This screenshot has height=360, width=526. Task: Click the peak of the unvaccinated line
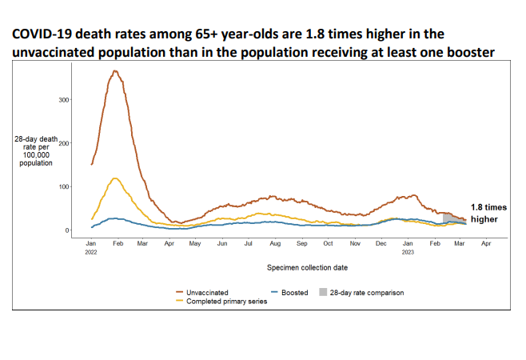[x=116, y=72]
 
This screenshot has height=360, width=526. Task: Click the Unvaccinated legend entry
[x=207, y=293]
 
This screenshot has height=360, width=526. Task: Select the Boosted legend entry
[x=294, y=293]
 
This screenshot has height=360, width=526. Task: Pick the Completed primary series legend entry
[x=226, y=301]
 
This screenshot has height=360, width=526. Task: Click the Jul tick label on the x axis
[x=249, y=242]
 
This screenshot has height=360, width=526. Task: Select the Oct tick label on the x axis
[x=329, y=242]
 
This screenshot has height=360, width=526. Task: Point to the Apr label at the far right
[x=485, y=242]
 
